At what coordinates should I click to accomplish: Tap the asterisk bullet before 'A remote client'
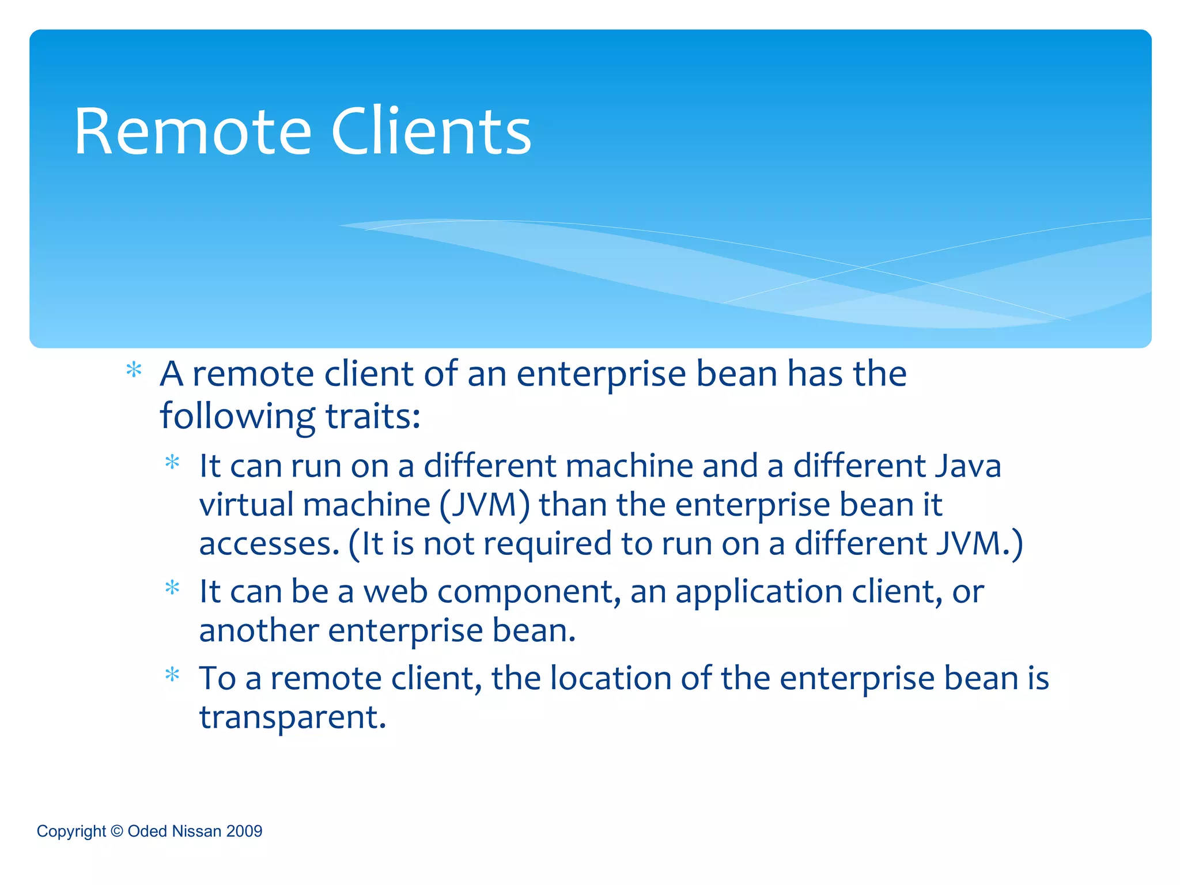[x=134, y=370]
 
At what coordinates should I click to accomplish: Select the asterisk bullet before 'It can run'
[x=172, y=463]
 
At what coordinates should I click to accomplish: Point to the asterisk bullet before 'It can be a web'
[x=172, y=588]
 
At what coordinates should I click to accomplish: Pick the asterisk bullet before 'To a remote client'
[x=172, y=675]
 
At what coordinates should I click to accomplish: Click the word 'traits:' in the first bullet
[x=373, y=416]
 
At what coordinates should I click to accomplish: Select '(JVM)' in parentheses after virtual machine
[x=484, y=505]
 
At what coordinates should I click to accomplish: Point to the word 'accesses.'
[x=269, y=544]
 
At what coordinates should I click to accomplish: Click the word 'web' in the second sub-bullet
[x=396, y=591]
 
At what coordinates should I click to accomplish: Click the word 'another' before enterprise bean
[x=259, y=630]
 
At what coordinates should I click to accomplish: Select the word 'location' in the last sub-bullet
[x=610, y=678]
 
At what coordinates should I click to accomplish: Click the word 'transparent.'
[x=292, y=718]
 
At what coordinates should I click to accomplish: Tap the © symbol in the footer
[x=117, y=831]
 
